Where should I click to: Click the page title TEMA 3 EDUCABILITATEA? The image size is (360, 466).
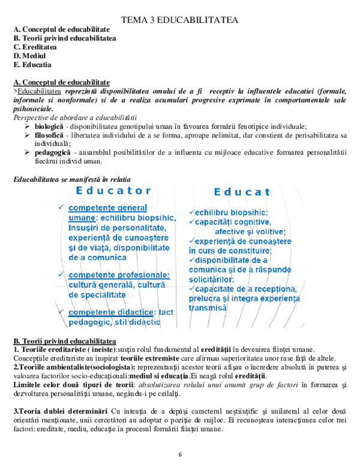179,20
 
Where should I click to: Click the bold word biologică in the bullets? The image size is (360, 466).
49,126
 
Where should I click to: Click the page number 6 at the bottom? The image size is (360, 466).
179,454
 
